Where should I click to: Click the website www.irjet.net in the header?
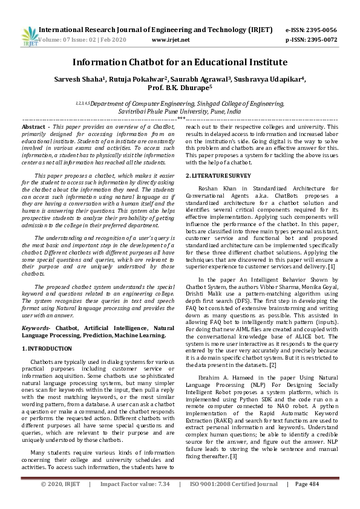tap(171, 39)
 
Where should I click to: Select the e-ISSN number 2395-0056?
tap(321, 29)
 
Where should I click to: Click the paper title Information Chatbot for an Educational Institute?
tap(180, 62)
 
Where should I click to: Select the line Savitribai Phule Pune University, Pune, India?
tap(180, 112)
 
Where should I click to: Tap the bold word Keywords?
tap(36, 328)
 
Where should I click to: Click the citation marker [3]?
tap(233, 455)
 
